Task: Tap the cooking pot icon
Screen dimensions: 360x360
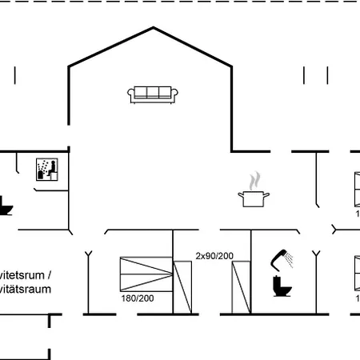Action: [x=254, y=197]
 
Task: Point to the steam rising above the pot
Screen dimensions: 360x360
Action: [x=255, y=178]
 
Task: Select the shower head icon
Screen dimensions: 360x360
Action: [x=282, y=258]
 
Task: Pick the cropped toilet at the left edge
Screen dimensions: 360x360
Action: [x=5, y=206]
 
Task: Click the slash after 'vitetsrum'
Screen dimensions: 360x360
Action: [x=50, y=274]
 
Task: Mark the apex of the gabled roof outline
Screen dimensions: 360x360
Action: [x=151, y=30]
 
